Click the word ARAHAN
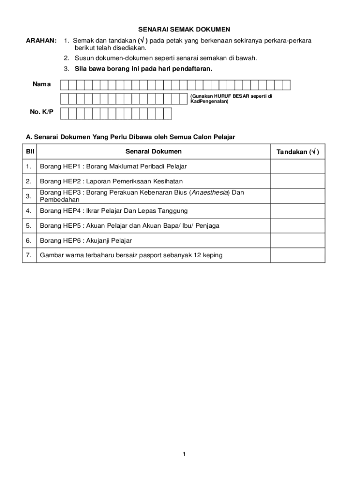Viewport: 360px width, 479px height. tap(41, 41)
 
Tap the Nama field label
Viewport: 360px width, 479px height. tap(42, 84)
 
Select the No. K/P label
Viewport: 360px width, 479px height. tap(42, 112)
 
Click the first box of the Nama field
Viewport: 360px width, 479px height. tap(65, 85)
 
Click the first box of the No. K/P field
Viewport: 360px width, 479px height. tap(65, 113)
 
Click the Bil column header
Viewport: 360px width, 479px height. tap(30, 152)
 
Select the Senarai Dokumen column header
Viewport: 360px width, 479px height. tap(153, 152)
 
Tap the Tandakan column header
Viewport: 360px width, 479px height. tap(298, 152)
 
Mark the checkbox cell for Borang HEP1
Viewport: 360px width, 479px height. tap(298, 167)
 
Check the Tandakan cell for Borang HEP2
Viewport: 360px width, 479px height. tap(298, 181)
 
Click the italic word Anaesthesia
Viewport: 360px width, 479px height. tap(207, 192)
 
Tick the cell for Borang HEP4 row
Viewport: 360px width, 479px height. tap(298, 210)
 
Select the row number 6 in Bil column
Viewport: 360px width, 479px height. tap(29, 240)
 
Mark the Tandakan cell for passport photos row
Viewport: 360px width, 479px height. tap(298, 255)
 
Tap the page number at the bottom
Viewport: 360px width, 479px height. tap(185, 454)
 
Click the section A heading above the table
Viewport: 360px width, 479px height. tap(130, 137)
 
